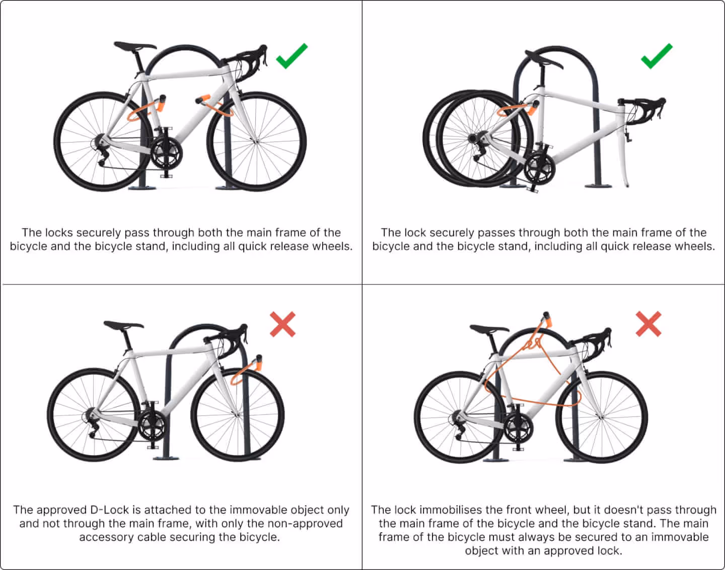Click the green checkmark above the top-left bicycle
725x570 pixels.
point(292,56)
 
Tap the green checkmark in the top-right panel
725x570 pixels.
point(657,56)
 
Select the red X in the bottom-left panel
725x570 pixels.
point(282,324)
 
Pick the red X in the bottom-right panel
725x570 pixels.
point(648,324)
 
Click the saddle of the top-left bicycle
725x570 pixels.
point(134,46)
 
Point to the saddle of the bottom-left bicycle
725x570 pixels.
point(123,325)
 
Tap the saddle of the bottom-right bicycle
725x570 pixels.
point(489,329)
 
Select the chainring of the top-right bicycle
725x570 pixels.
point(539,169)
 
